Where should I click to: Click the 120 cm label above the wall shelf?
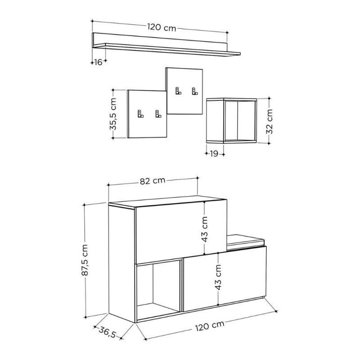click(x=161, y=27)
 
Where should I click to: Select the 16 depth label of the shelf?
click(x=98, y=62)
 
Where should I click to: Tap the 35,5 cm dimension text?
click(x=113, y=115)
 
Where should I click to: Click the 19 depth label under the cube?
click(x=214, y=154)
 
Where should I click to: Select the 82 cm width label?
click(x=152, y=181)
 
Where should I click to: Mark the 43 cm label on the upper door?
click(x=204, y=229)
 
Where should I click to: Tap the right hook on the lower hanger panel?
click(x=158, y=114)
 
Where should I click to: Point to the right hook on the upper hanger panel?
click(x=195, y=91)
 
